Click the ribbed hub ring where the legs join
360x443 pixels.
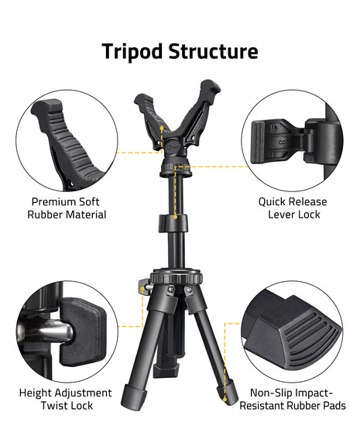click(175, 277)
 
